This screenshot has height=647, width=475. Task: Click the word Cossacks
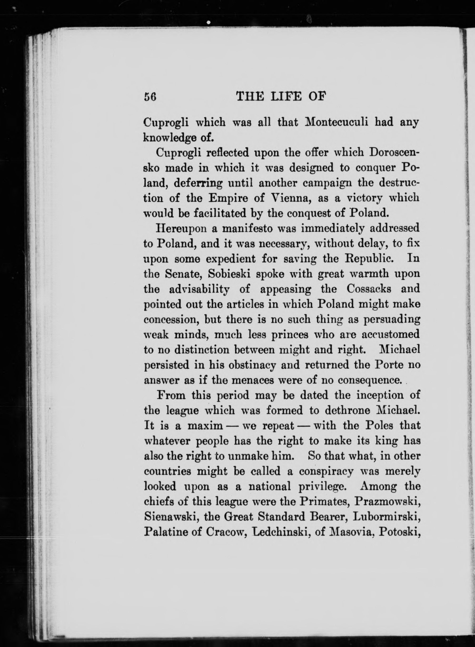point(369,289)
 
